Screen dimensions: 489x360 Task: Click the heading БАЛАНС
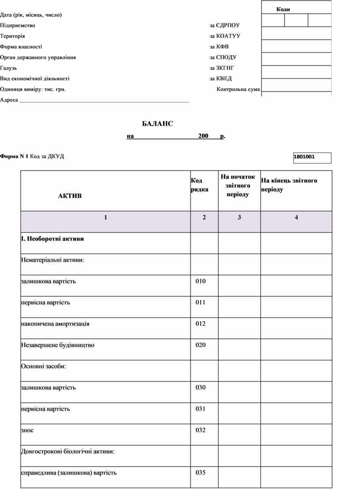pyautogui.click(x=157, y=124)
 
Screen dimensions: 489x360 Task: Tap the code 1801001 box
pyautogui.click(x=312, y=157)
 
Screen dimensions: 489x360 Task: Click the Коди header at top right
pyautogui.click(x=283, y=9)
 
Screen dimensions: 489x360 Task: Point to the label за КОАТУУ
pyautogui.click(x=225, y=36)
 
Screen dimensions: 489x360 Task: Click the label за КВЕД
pyautogui.click(x=221, y=78)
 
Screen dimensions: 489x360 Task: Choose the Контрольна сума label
pyautogui.click(x=238, y=90)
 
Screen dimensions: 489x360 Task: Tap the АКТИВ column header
pyautogui.click(x=70, y=196)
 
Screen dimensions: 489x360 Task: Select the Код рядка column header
pyautogui.click(x=199, y=185)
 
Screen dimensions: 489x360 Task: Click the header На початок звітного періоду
pyautogui.click(x=238, y=185)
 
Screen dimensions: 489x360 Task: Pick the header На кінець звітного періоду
pyautogui.click(x=289, y=185)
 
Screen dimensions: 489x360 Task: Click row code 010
pyautogui.click(x=201, y=281)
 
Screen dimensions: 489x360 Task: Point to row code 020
pyautogui.click(x=201, y=345)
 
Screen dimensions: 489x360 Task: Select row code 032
pyautogui.click(x=201, y=430)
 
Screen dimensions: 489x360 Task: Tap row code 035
pyautogui.click(x=201, y=473)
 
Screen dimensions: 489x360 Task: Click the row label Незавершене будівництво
pyautogui.click(x=57, y=345)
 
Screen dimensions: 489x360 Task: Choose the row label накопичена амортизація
pyautogui.click(x=55, y=324)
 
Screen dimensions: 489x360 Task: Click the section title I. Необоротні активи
pyautogui.click(x=52, y=239)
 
